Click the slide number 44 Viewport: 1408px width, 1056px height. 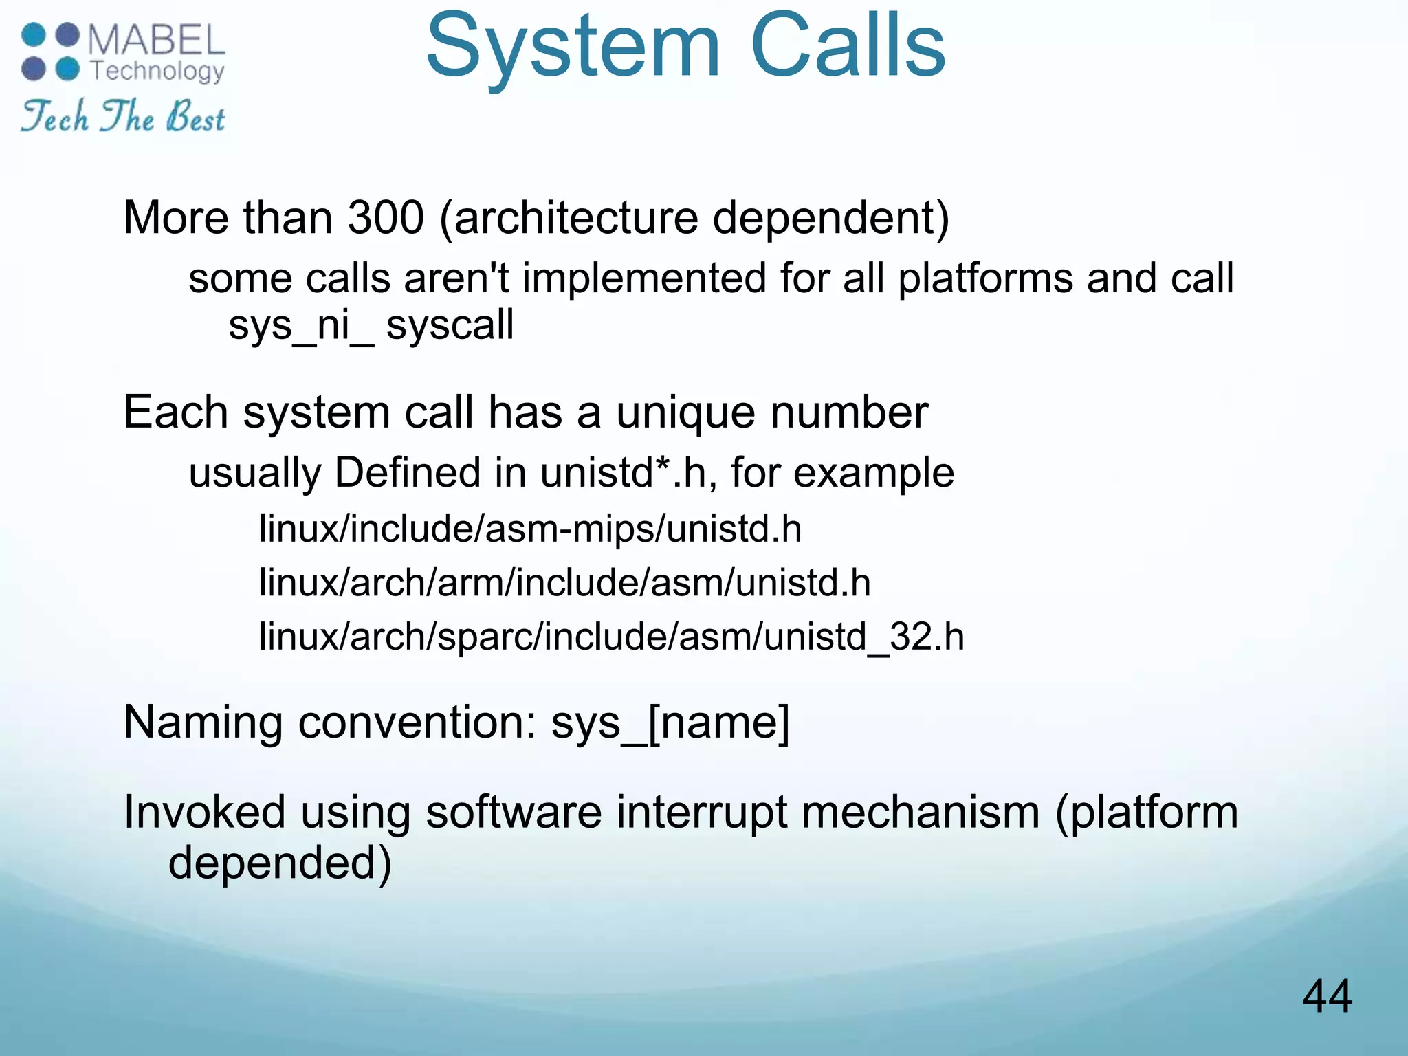[1327, 996]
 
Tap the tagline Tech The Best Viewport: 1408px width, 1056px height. [122, 117]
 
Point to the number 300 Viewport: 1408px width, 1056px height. [386, 218]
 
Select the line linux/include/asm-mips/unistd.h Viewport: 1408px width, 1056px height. [530, 529]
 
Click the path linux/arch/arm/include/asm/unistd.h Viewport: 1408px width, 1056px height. [564, 583]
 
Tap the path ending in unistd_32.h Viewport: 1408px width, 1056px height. [611, 637]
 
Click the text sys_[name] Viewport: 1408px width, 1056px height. [670, 723]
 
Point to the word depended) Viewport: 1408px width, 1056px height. [280, 863]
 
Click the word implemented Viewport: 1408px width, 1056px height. [643, 279]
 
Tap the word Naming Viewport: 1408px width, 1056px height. [203, 723]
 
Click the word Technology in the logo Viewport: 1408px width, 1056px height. [157, 71]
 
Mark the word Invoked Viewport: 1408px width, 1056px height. [204, 813]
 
